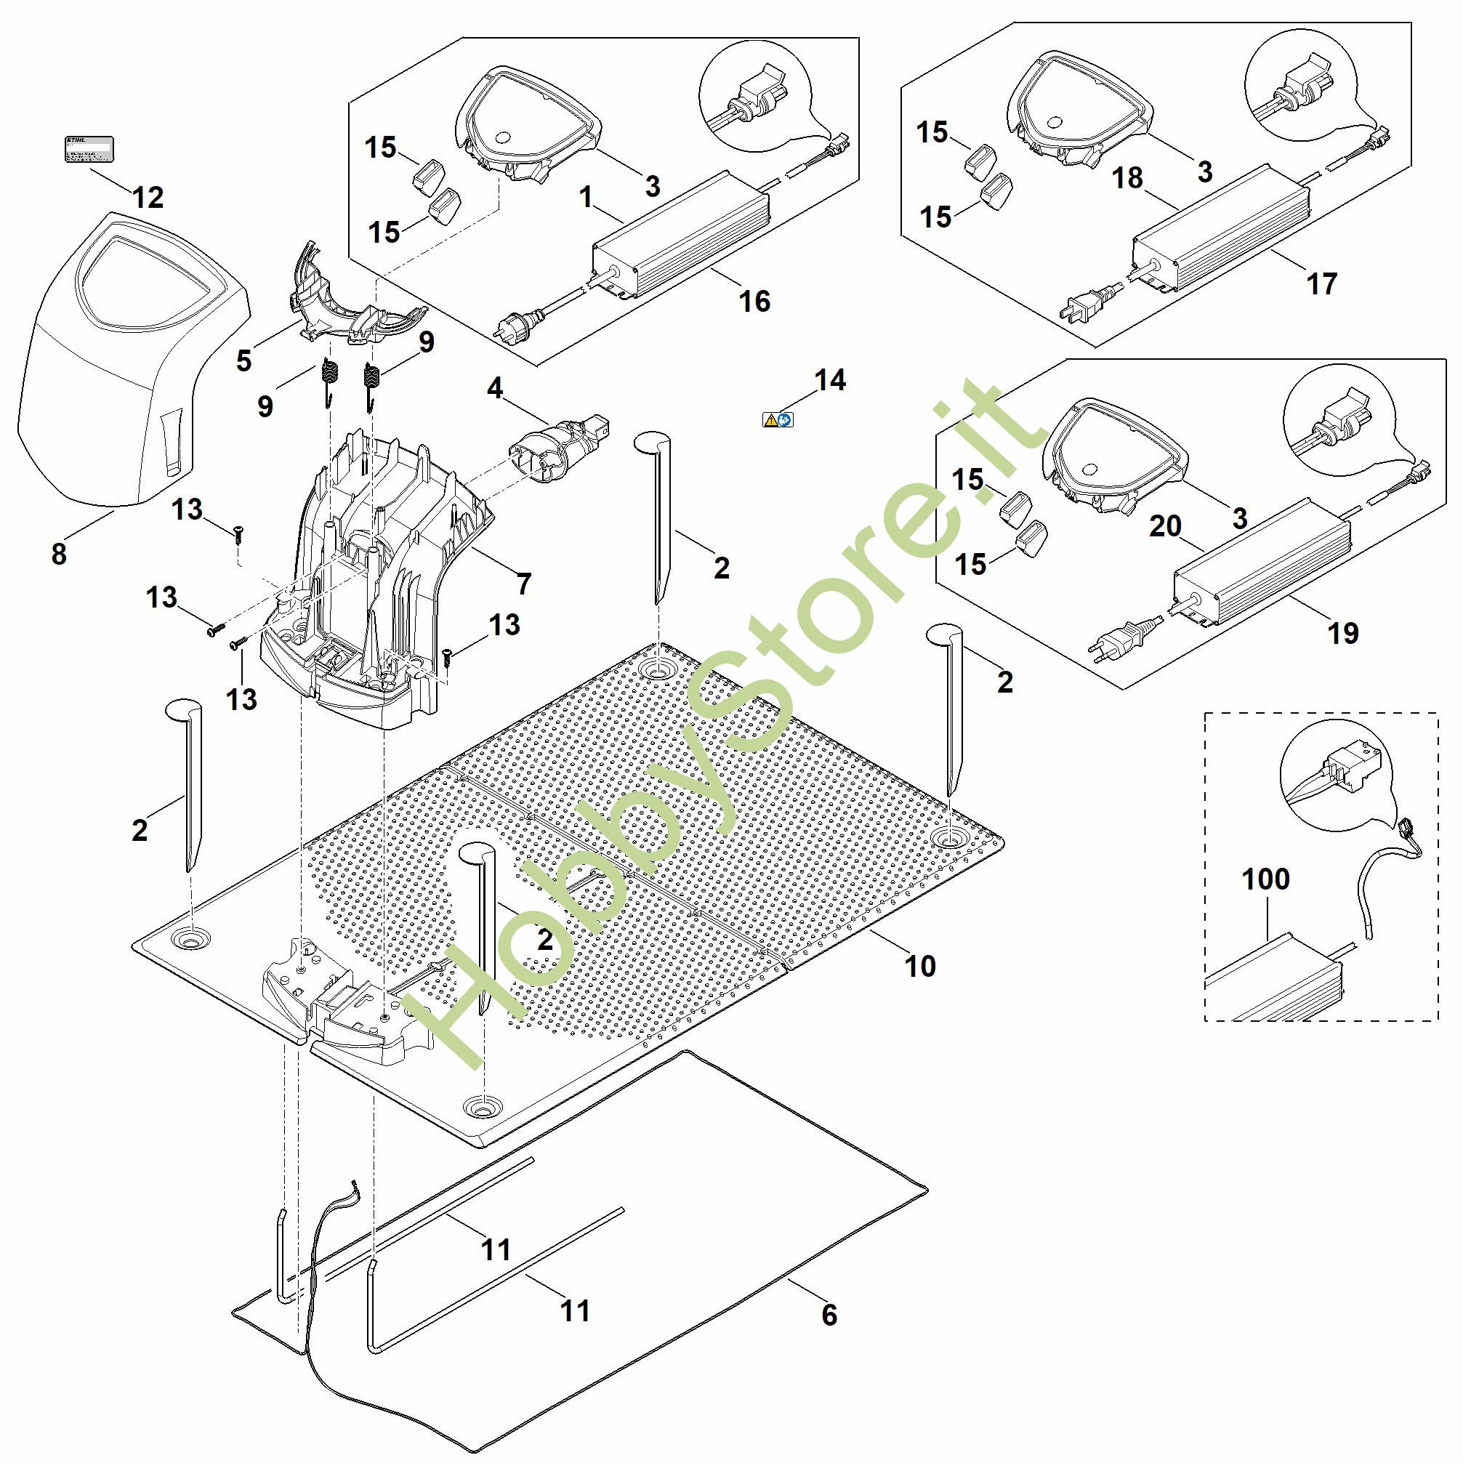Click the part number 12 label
(x=148, y=198)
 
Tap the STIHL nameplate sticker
(x=87, y=149)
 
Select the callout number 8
(x=59, y=555)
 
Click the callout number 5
(x=243, y=361)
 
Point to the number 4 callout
(x=494, y=389)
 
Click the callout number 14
(x=830, y=380)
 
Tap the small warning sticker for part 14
(x=778, y=419)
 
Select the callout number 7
(x=524, y=584)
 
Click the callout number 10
(x=920, y=966)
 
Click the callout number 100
(x=1266, y=879)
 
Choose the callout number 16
(x=754, y=302)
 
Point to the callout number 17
(x=1322, y=284)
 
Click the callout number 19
(x=1343, y=633)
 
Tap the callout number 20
(x=1166, y=525)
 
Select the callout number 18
(x=1127, y=179)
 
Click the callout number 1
(x=585, y=198)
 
